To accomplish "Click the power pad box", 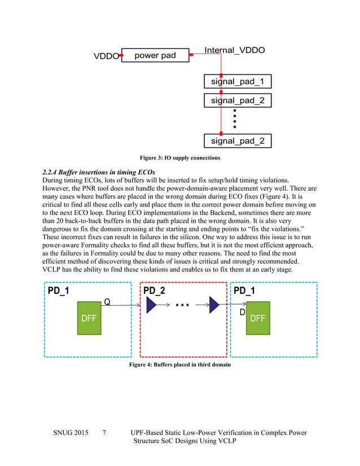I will [x=156, y=55].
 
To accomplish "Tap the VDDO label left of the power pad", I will [x=107, y=56].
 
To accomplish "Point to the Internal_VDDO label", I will [x=235, y=51].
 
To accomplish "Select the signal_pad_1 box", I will [x=237, y=81].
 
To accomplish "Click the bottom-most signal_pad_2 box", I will [x=237, y=140].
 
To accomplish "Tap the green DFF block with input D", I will [x=257, y=318].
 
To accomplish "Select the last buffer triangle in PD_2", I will [x=214, y=306].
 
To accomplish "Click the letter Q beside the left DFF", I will [x=107, y=302].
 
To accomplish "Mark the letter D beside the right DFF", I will [x=242, y=311].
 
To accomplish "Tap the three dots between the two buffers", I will [x=182, y=306].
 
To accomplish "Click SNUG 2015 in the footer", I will [x=69, y=433].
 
